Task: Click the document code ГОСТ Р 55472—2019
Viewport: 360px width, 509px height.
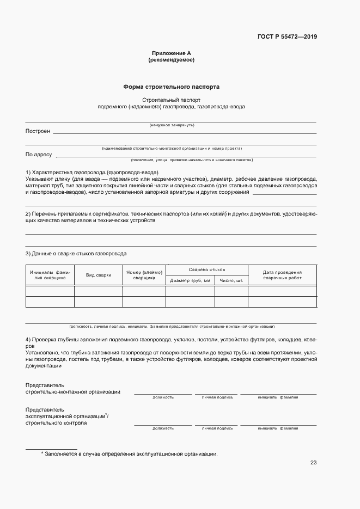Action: pyautogui.click(x=287, y=37)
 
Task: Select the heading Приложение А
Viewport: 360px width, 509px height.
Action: pyautogui.click(x=171, y=53)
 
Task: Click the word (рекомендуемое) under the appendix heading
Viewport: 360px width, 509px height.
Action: pyautogui.click(x=171, y=60)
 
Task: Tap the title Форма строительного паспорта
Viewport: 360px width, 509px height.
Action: pyautogui.click(x=171, y=87)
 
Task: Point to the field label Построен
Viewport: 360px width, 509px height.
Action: pyautogui.click(x=38, y=131)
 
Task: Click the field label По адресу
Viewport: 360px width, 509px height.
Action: pyautogui.click(x=39, y=155)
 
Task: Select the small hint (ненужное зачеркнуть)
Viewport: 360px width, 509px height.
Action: pyautogui.click(x=172, y=125)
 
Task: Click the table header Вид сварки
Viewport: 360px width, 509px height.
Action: pyautogui.click(x=98, y=275)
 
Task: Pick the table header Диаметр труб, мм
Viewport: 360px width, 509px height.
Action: pyautogui.click(x=190, y=280)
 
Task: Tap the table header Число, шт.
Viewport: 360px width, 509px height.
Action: pyautogui.click(x=231, y=280)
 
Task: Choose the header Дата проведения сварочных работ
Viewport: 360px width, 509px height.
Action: pyautogui.click(x=282, y=275)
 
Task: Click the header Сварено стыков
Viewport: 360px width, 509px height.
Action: pyautogui.click(x=206, y=269)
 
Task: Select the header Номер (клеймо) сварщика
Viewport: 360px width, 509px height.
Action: pyautogui.click(x=144, y=275)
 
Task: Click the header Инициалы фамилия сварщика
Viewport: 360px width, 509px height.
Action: pyautogui.click(x=50, y=275)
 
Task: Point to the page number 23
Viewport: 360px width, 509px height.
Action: pyautogui.click(x=313, y=463)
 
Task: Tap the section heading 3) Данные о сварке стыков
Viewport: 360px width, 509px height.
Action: pyautogui.click(x=76, y=254)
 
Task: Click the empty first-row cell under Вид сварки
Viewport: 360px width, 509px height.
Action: pyautogui.click(x=98, y=291)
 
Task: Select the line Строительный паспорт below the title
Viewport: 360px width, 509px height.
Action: pyautogui.click(x=171, y=100)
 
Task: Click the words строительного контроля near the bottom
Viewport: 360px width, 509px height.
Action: pyautogui.click(x=56, y=422)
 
